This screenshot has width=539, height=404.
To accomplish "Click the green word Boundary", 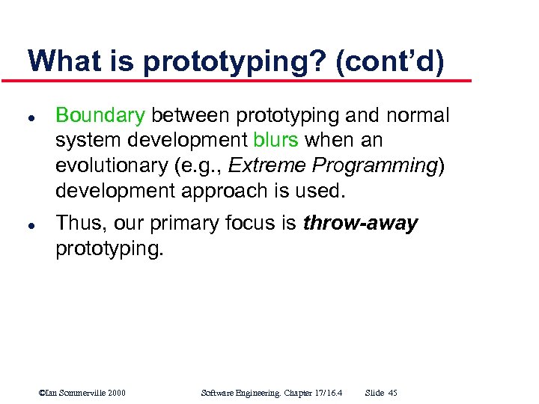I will click(100, 115).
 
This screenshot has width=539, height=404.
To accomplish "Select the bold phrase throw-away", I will click(360, 223).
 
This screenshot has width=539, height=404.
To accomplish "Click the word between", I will click(191, 115).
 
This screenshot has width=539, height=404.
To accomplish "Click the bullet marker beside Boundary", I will click(28, 116).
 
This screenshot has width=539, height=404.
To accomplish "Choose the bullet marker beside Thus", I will click(28, 224).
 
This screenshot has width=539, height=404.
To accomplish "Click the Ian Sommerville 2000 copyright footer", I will click(82, 393).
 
